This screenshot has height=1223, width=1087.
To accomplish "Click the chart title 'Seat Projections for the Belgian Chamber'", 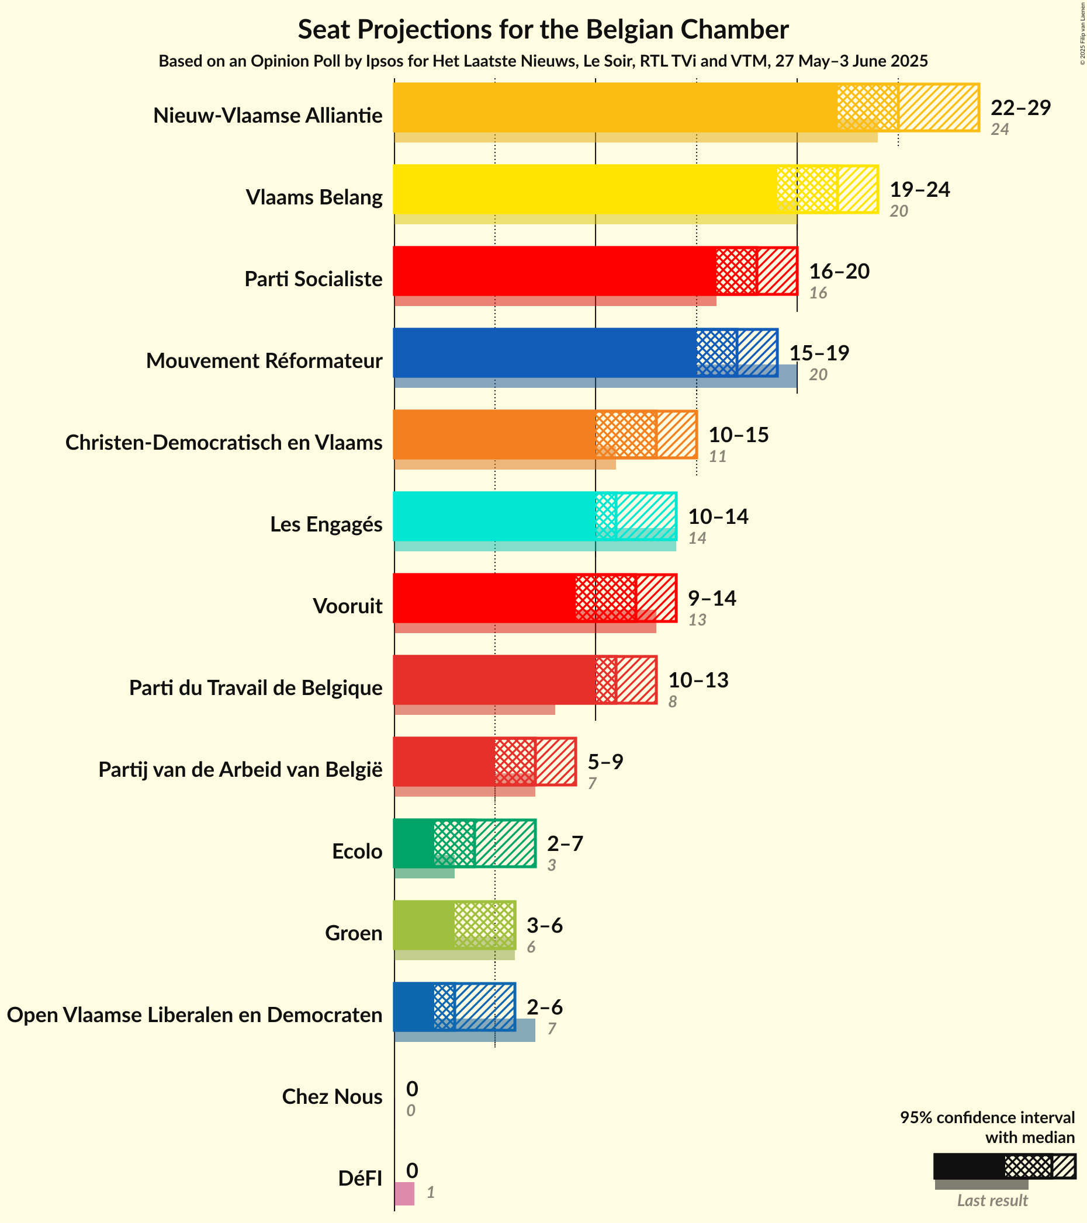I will pyautogui.click(x=543, y=30).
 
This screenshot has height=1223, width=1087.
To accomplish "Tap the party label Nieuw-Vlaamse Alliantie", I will pyautogui.click(x=268, y=115).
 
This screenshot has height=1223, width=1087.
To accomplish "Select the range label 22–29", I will pyautogui.click(x=1020, y=107).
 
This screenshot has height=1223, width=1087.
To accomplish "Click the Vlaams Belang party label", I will pyautogui.click(x=314, y=197).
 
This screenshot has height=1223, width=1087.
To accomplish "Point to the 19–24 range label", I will pyautogui.click(x=919, y=190).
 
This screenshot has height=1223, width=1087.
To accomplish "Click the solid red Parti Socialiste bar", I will pyautogui.click(x=553, y=271).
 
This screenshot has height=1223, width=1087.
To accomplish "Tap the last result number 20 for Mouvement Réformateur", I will pyautogui.click(x=818, y=375).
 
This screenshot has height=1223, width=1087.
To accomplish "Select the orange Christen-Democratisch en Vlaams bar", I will pyautogui.click(x=494, y=435).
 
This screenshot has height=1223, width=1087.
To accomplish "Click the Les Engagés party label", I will pyautogui.click(x=326, y=524).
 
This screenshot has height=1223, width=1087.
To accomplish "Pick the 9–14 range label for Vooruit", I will pyautogui.click(x=712, y=598).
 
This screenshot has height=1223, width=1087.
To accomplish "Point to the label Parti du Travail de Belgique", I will pyautogui.click(x=255, y=688).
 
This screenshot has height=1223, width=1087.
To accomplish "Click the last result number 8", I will pyautogui.click(x=672, y=702).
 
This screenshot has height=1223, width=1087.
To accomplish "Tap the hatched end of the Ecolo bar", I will pyautogui.click(x=505, y=843).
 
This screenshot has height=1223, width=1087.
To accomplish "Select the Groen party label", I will pyautogui.click(x=353, y=933).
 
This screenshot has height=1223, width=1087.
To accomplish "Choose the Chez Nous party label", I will pyautogui.click(x=331, y=1097).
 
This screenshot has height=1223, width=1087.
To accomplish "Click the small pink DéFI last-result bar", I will pyautogui.click(x=404, y=1194).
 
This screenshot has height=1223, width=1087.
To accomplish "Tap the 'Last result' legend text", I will pyautogui.click(x=992, y=1201).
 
